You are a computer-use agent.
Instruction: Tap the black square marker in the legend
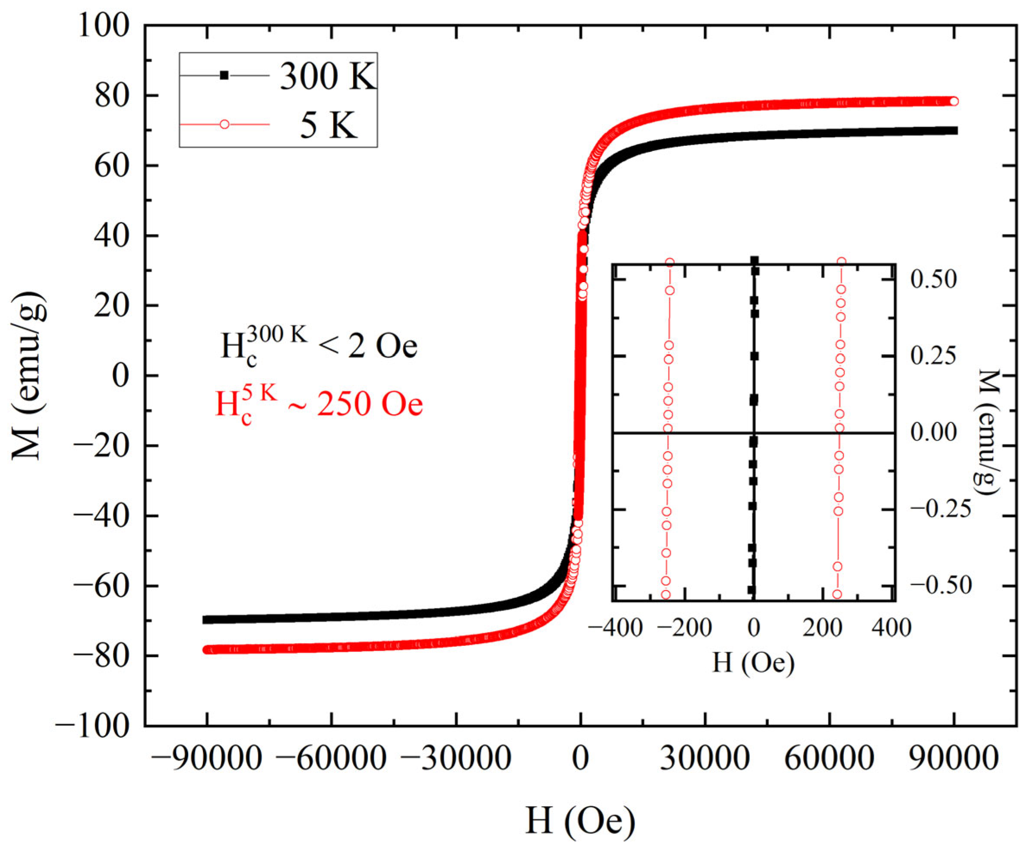pyautogui.click(x=224, y=75)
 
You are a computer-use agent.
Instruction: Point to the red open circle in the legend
pyautogui.click(x=224, y=125)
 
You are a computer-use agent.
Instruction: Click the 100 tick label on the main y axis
pyautogui.click(x=104, y=25)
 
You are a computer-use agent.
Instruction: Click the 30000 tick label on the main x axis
pyautogui.click(x=705, y=759)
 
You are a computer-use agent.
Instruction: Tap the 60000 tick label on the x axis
pyautogui.click(x=829, y=759)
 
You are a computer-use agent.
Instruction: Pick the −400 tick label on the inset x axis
pyautogui.click(x=615, y=628)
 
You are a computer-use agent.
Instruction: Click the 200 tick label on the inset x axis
pyautogui.click(x=822, y=628)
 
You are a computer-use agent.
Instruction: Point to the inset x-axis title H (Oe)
pyautogui.click(x=754, y=663)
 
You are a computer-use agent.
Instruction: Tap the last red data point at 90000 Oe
pyautogui.click(x=953, y=101)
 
